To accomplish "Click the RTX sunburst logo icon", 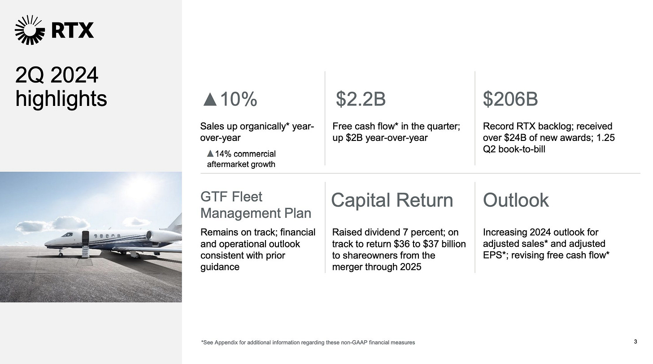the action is click(x=30, y=30).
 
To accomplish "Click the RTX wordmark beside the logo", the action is click(x=73, y=31).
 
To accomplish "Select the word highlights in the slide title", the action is click(x=61, y=99).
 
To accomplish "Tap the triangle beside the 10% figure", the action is click(x=210, y=99).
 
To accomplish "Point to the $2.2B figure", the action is click(x=361, y=99).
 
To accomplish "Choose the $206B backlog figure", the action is click(x=510, y=99).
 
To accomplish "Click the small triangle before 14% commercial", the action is click(x=210, y=153).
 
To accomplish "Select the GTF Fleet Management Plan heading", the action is click(x=256, y=205).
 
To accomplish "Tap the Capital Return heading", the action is click(x=392, y=200).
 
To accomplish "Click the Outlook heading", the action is click(x=516, y=200).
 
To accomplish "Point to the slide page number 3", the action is click(x=636, y=342).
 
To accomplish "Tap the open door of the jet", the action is click(x=85, y=238).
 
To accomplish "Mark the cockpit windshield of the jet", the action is click(x=67, y=234).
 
